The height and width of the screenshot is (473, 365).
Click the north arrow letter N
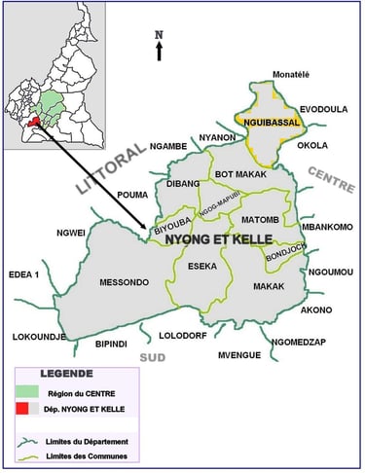click(x=160, y=35)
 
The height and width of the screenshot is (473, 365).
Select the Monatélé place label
click(x=270, y=75)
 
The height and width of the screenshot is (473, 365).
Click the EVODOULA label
click(x=323, y=109)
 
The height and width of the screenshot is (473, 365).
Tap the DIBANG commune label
click(x=183, y=183)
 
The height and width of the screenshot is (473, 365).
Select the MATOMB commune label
click(x=260, y=220)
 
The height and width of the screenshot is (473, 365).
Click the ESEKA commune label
click(x=203, y=265)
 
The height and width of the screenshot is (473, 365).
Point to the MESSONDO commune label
click(x=124, y=282)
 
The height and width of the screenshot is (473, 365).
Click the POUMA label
click(x=132, y=195)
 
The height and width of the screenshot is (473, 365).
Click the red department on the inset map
click(x=35, y=123)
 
